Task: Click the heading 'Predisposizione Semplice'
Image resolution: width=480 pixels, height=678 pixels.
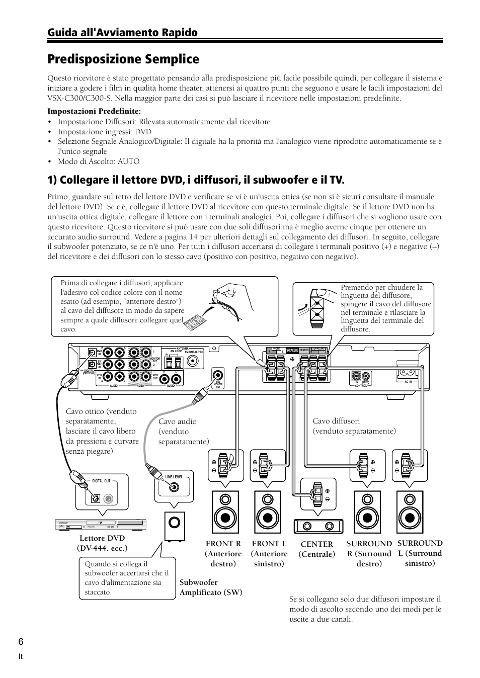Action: (x=123, y=59)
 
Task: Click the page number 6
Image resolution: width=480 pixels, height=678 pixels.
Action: (x=49, y=641)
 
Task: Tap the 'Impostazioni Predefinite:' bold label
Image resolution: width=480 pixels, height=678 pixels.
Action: (x=94, y=111)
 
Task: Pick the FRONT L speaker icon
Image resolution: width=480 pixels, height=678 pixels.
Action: (x=268, y=514)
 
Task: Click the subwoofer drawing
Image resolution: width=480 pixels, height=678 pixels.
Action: (x=174, y=527)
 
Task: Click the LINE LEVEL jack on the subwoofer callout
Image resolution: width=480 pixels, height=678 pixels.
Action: (x=174, y=487)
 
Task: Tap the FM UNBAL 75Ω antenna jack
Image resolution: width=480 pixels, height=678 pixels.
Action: (x=192, y=361)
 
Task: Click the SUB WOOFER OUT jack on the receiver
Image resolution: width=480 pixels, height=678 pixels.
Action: (x=218, y=375)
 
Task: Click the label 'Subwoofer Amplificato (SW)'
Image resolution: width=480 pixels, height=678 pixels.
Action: (x=211, y=587)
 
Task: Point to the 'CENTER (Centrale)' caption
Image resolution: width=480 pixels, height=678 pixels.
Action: (x=316, y=549)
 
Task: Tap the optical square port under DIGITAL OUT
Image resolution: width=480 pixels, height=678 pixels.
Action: (x=96, y=499)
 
